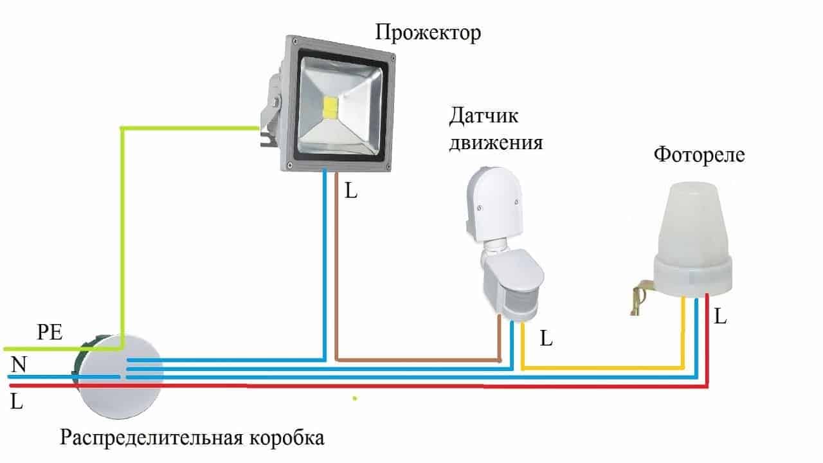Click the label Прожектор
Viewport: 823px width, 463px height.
[x=428, y=33]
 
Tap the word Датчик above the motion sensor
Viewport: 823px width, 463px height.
[x=484, y=116]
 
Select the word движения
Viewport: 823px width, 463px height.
[x=495, y=141]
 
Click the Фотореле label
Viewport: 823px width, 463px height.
[x=699, y=155]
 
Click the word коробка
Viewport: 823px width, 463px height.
[x=287, y=439]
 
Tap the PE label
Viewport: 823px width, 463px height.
[x=50, y=332]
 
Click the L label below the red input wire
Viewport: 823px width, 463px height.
[x=17, y=402]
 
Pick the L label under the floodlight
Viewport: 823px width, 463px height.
[x=350, y=191]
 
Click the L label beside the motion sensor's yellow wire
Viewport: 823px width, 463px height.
[x=546, y=338]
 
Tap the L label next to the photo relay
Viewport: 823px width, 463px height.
[x=721, y=316]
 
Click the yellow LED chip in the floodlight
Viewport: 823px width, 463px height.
[x=331, y=108]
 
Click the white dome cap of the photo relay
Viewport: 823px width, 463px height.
[x=692, y=219]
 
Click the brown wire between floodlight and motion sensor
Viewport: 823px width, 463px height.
[x=418, y=359]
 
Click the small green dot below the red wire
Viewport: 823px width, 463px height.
[x=354, y=398]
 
